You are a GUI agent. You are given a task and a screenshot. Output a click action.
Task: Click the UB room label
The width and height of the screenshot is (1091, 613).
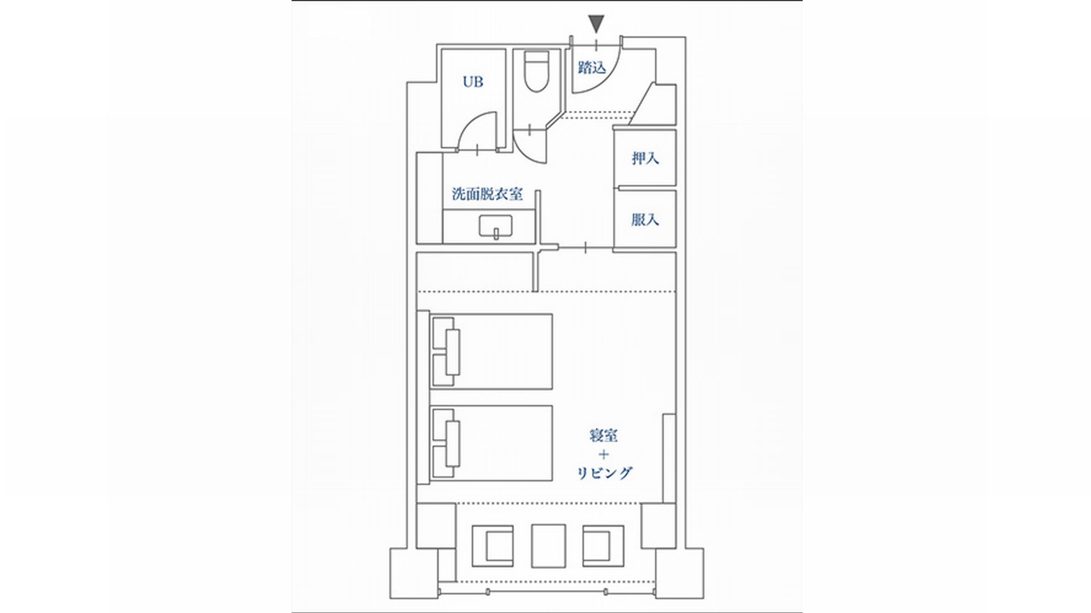tap(473, 82)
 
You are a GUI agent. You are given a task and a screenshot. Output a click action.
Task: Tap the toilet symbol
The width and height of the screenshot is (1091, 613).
tap(536, 71)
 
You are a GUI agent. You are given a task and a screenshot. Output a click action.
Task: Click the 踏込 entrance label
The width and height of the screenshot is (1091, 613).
tap(592, 68)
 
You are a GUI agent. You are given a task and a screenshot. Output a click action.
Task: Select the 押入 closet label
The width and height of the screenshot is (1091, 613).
tap(645, 159)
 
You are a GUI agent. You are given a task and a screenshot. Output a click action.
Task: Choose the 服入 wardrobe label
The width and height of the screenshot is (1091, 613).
tap(645, 220)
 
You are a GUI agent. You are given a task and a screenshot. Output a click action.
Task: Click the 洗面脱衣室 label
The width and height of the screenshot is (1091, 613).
tap(487, 194)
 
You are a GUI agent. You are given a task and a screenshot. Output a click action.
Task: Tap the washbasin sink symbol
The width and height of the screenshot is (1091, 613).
tap(496, 227)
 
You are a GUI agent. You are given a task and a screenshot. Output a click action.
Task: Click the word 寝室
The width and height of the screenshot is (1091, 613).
tap(603, 436)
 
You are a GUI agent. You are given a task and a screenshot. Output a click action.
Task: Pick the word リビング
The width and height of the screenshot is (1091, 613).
tap(604, 473)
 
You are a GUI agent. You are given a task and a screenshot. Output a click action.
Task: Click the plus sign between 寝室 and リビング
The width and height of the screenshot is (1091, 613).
tap(604, 454)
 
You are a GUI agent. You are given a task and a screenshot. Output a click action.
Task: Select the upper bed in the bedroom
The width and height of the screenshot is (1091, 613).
tap(491, 351)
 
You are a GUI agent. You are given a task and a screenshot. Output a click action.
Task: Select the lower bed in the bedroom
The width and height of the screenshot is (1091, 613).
tap(491, 443)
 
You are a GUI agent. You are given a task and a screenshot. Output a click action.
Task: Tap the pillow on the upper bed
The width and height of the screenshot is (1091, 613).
tap(453, 352)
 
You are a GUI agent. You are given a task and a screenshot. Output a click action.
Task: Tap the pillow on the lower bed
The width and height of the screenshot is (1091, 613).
tap(453, 444)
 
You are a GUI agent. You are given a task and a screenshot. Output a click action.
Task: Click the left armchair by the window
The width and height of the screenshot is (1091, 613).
tap(493, 547)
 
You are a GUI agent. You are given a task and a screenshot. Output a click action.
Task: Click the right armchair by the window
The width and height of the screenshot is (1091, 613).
tap(603, 547)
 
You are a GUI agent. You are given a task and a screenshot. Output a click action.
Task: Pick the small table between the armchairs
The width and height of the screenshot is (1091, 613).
tap(548, 547)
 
